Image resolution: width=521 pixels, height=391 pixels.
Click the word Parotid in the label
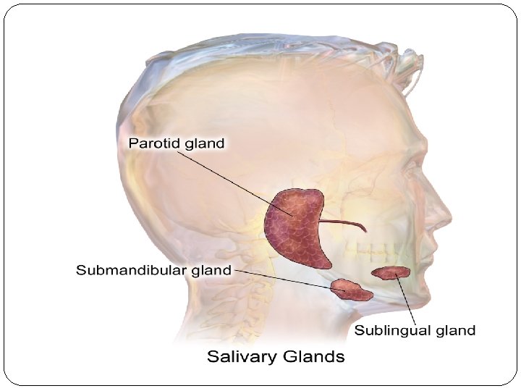(x=154, y=143)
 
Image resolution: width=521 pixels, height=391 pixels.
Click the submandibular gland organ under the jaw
(x=352, y=290)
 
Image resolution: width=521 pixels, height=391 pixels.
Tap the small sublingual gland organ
(x=391, y=273)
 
